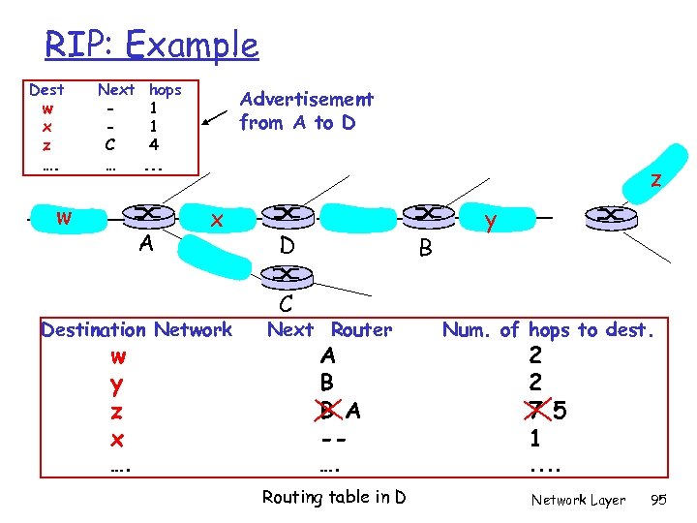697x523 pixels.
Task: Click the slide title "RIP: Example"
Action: click(151, 45)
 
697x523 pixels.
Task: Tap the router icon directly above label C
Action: click(287, 275)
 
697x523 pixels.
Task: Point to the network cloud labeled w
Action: click(64, 218)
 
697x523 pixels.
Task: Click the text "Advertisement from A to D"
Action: click(306, 110)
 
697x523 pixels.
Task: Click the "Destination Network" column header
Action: click(136, 330)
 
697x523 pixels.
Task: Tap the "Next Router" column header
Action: click(329, 330)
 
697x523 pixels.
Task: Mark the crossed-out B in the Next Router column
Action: click(327, 411)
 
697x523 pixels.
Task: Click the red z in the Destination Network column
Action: click(117, 411)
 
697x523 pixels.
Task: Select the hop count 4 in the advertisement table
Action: click(153, 144)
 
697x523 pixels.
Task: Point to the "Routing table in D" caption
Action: click(334, 498)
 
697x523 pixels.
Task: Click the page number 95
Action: click(658, 500)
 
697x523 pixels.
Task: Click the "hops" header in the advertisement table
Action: click(165, 89)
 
